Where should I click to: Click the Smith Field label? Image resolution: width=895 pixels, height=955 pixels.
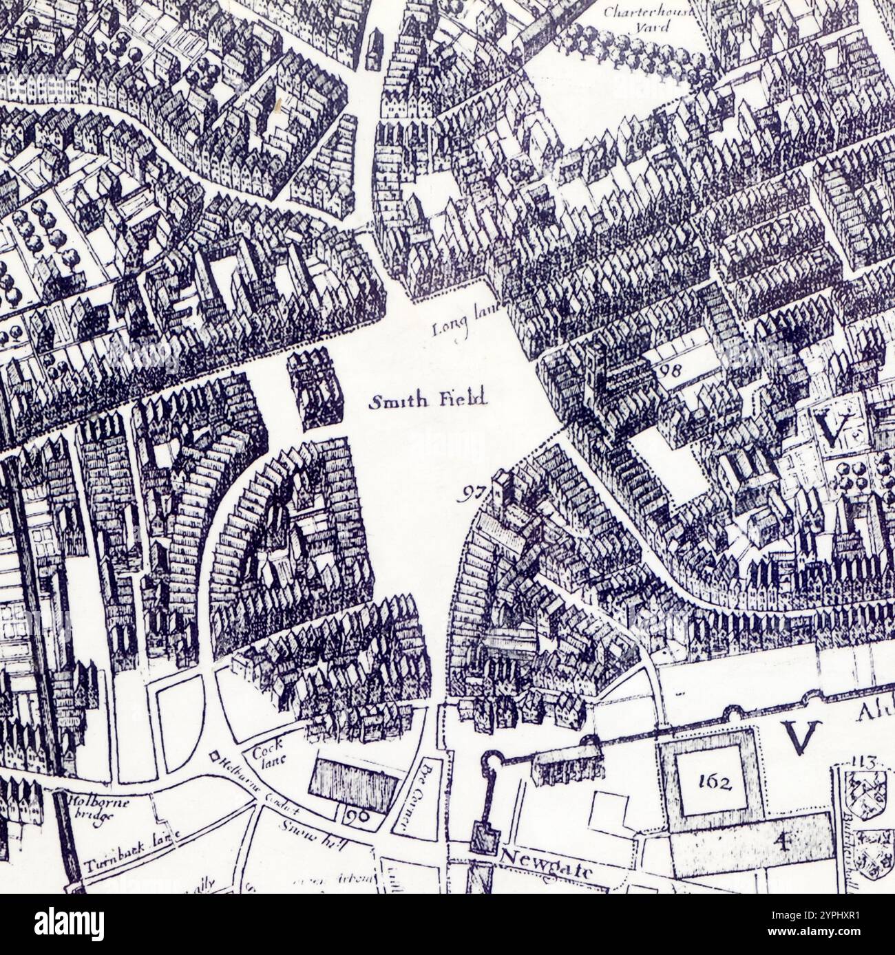tap(428, 400)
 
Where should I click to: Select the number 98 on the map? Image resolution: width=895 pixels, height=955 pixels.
tap(669, 370)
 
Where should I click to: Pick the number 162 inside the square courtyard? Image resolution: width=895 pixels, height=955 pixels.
tap(711, 781)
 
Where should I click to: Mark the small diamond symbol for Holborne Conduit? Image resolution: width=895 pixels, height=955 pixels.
tap(214, 757)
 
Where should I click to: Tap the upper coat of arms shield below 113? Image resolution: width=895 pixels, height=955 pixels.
tap(860, 791)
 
